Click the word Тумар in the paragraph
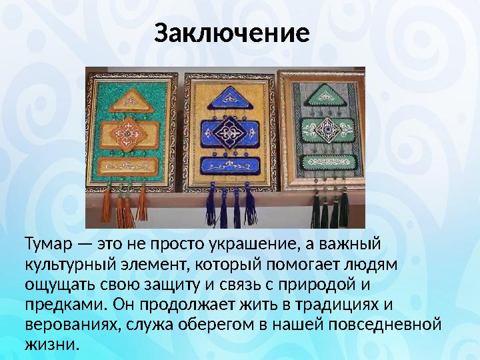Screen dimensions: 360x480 click(x=44, y=242)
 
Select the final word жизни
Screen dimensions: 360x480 click(x=50, y=347)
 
